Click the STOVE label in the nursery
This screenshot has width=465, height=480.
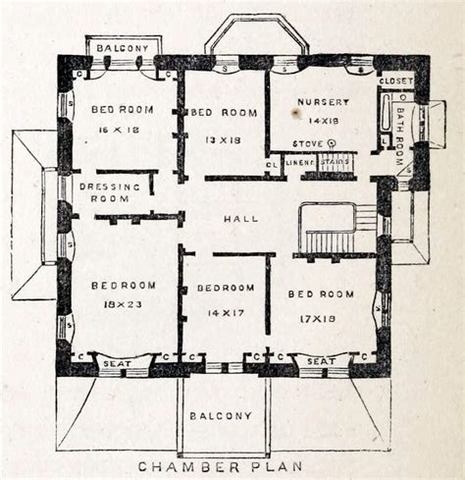click(310, 143)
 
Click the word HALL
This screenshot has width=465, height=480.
click(239, 219)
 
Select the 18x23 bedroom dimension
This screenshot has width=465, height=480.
click(124, 305)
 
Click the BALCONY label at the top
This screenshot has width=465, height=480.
click(123, 47)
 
